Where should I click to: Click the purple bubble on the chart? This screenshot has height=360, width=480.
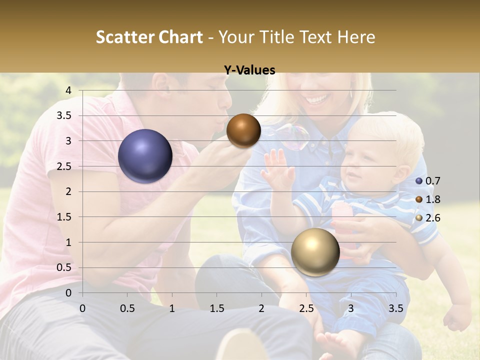145,156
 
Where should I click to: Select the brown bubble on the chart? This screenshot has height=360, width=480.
243,130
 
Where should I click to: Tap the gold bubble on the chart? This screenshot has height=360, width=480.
315,252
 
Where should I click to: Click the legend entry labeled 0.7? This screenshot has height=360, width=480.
428,181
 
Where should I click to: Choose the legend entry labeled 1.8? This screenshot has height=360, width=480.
428,199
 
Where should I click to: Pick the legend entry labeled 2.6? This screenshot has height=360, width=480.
428,218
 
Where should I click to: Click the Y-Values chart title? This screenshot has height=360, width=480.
249,70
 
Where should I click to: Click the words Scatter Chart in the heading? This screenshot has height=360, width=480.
149,37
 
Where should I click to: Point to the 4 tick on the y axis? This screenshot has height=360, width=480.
69,90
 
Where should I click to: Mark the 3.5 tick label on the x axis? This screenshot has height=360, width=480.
395,308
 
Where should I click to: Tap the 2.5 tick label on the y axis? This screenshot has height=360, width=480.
64,166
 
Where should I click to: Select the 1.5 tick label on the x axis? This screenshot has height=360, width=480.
216,308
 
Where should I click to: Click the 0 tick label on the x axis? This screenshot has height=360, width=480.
82,308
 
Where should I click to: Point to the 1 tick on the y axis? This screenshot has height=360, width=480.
69,242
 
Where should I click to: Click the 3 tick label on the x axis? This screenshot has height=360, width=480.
351,308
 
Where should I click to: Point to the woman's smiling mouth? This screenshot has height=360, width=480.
315,100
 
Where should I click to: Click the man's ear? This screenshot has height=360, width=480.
163,83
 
